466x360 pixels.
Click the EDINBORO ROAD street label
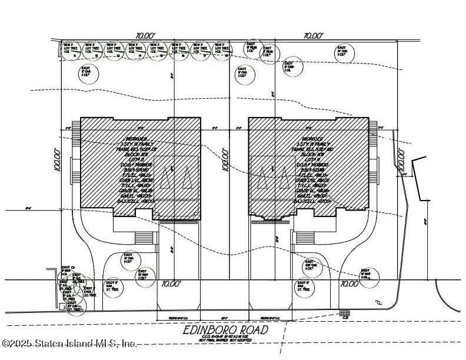(x=225, y=329)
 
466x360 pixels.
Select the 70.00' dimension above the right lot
(x=314, y=36)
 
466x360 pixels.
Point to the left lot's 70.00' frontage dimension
(x=170, y=284)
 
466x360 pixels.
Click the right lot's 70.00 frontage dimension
(x=348, y=284)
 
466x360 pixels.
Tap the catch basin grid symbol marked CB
(x=345, y=312)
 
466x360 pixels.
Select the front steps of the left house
(x=144, y=238)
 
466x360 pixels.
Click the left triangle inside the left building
(x=167, y=176)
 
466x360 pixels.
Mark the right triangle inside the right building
(x=286, y=176)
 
